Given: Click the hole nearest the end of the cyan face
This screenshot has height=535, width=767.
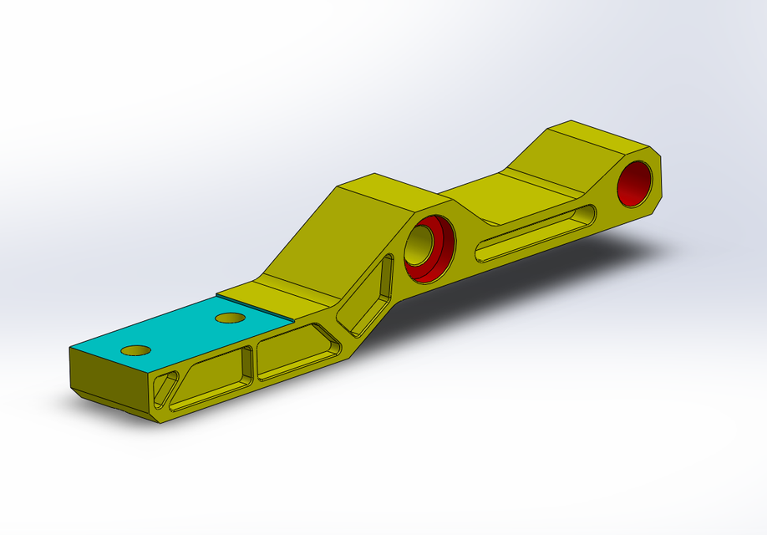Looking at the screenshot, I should (135, 349).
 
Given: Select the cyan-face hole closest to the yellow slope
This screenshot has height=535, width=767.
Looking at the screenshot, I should (230, 318).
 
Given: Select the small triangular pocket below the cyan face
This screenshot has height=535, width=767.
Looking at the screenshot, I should (165, 388).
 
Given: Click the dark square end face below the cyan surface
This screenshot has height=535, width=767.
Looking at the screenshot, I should (108, 380).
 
